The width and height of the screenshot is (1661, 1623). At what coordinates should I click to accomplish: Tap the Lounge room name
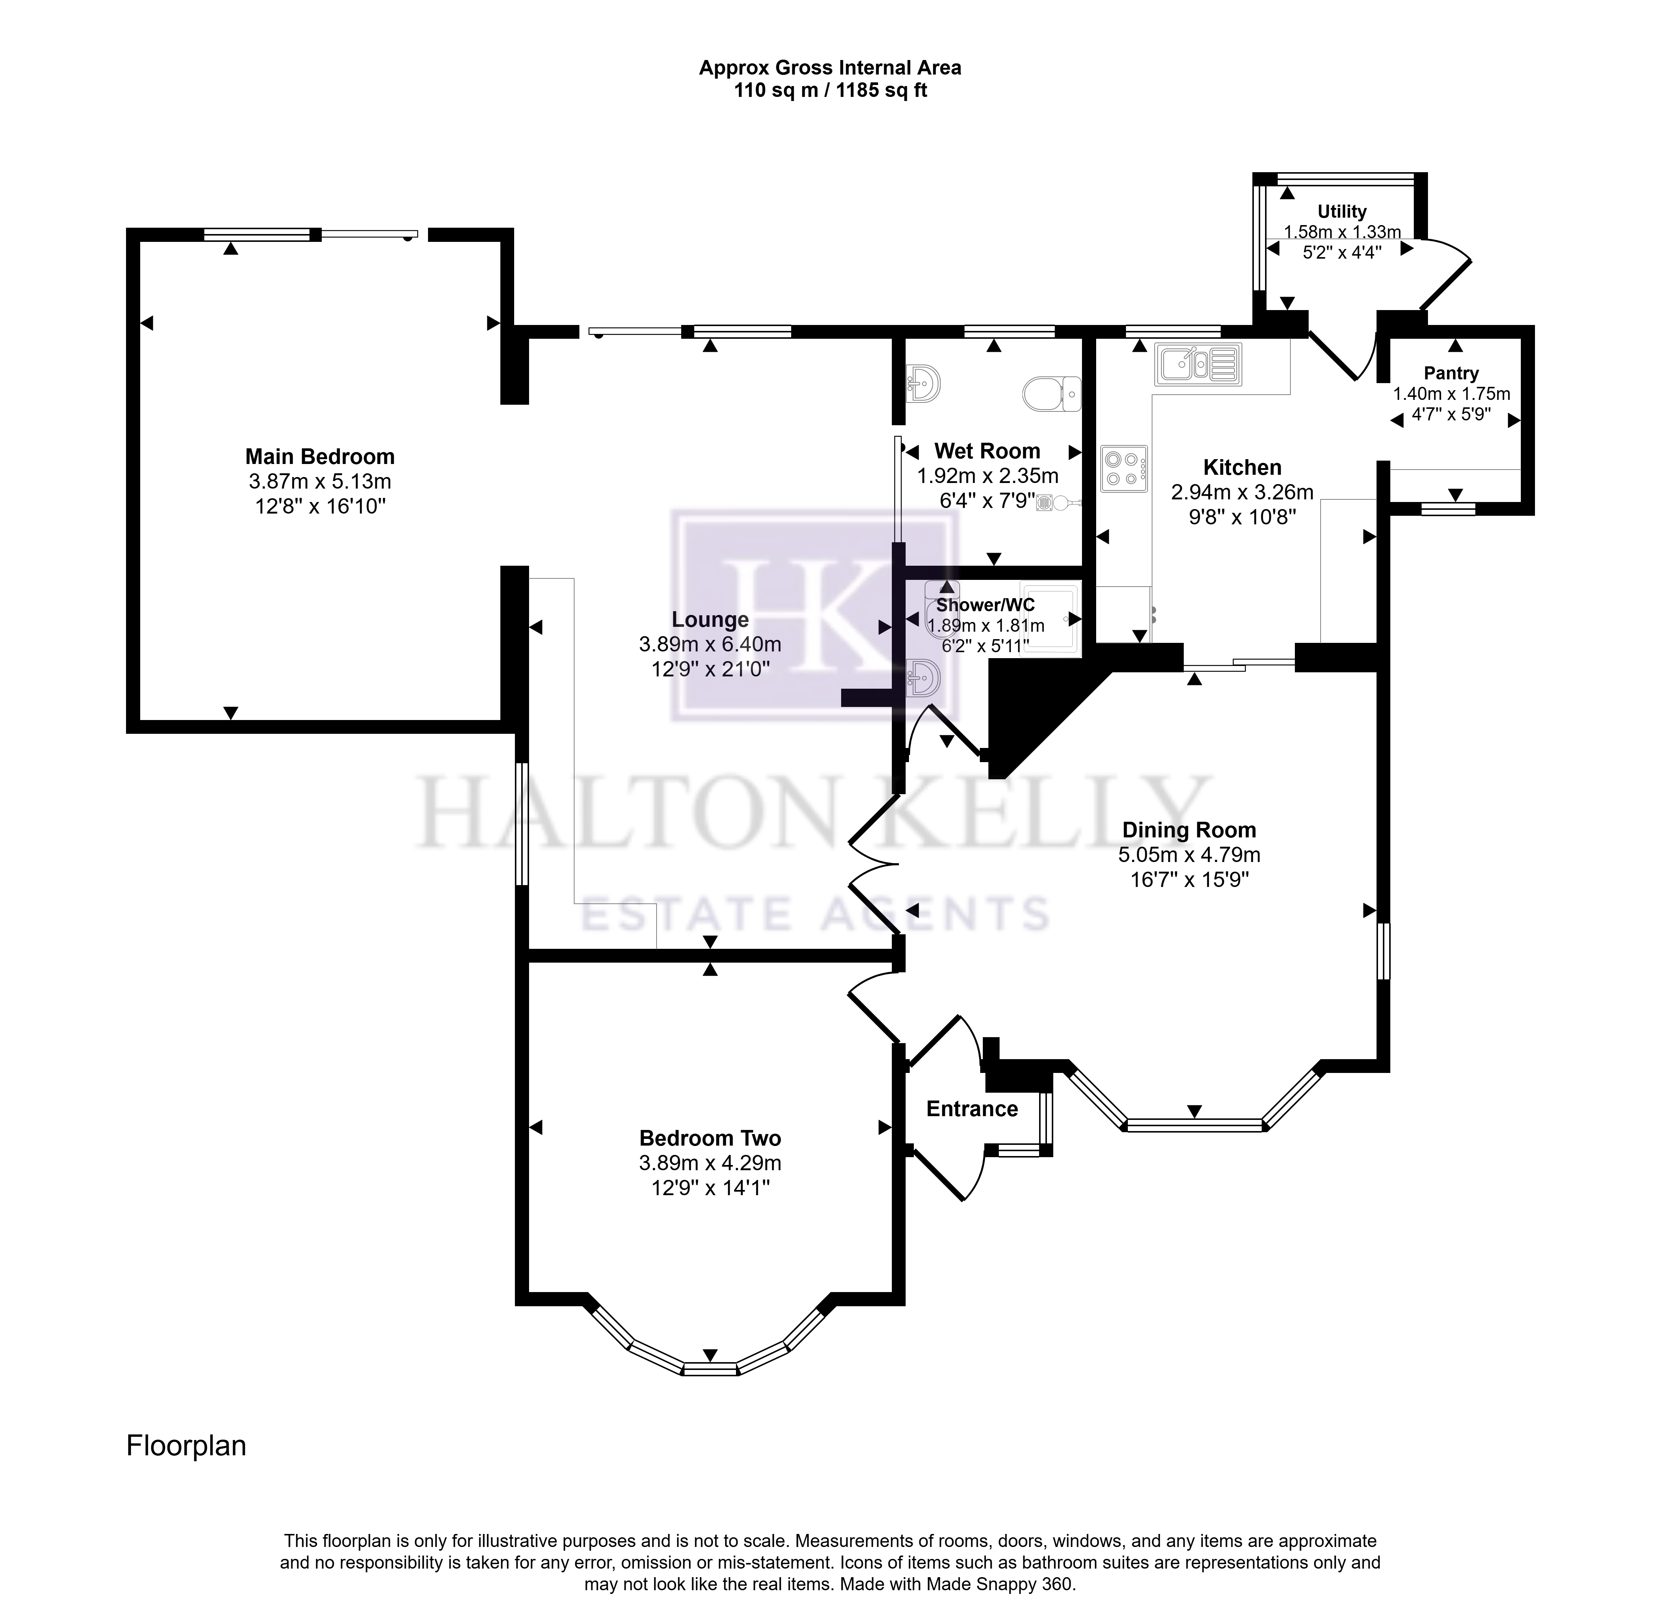710,620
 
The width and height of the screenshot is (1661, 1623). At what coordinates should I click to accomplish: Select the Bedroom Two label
710,1138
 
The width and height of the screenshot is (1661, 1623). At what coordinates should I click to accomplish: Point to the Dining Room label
1189,830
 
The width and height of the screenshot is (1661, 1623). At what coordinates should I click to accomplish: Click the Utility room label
1342,211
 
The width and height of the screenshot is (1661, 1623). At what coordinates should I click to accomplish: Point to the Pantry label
1451,373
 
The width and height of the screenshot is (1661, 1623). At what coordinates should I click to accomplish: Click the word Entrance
972,1109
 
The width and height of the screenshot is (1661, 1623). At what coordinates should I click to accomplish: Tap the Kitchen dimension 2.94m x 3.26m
1242,492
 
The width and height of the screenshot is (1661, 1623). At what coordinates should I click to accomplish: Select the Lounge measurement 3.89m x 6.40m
710,644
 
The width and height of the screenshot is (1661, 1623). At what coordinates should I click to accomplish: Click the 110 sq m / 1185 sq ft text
831,90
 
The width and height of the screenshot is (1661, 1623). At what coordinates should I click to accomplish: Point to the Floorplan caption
186,1446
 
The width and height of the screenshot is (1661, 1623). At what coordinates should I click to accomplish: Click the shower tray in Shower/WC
1051,617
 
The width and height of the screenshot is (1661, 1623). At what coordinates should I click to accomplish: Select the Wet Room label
987,451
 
